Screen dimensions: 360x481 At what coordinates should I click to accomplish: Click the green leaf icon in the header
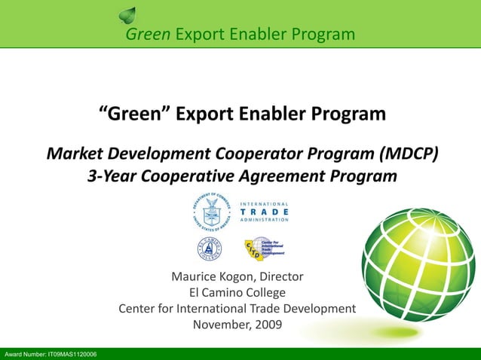click(x=129, y=14)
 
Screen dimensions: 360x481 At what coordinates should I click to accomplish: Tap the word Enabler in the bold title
click(x=288, y=114)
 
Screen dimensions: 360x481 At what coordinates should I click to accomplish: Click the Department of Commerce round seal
click(x=213, y=212)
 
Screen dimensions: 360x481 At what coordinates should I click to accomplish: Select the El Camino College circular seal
click(x=209, y=249)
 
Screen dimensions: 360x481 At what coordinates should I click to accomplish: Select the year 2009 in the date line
click(x=268, y=325)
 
